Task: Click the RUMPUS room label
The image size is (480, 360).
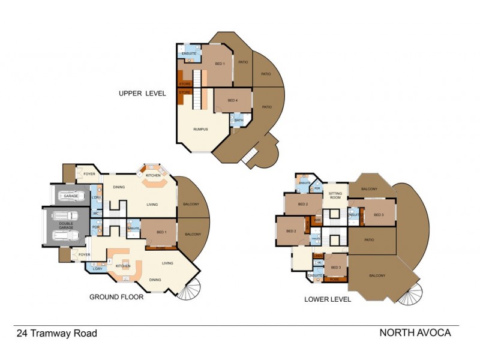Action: pos(200,130)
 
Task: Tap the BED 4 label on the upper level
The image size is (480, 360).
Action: pos(232,100)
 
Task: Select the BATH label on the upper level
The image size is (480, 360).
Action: pos(239,121)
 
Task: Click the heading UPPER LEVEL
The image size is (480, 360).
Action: pos(142,93)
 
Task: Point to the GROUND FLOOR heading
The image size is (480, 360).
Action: pos(116,296)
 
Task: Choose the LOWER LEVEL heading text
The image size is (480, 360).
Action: pos(328,299)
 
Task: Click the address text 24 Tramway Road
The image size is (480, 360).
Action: pos(56,334)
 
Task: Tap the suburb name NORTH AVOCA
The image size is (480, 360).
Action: pos(415,333)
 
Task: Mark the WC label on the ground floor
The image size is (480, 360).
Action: pos(95,213)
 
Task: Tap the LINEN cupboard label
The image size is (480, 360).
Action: pos(318,256)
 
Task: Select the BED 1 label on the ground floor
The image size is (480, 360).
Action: pos(161,232)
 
